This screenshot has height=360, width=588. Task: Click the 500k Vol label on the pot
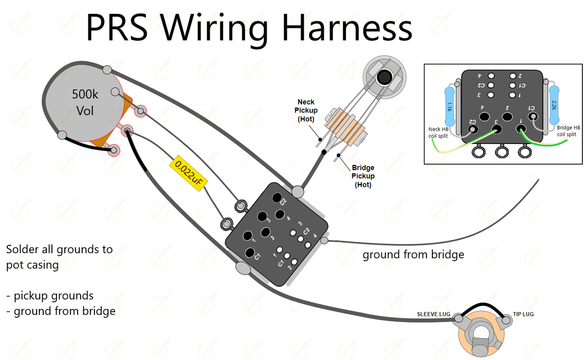[x=85, y=102]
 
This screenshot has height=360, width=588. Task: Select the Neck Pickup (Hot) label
[x=306, y=111]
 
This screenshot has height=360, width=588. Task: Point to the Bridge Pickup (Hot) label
[x=363, y=176]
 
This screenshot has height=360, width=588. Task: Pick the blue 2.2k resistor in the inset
[x=554, y=105]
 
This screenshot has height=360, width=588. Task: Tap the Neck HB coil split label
[x=441, y=132]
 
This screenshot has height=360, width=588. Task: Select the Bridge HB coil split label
[x=568, y=131]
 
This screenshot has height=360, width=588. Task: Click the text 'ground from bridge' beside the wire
[x=413, y=254]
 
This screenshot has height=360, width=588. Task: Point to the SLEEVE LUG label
[x=434, y=314]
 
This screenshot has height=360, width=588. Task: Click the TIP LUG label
[x=523, y=314]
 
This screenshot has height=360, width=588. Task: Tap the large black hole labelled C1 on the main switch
[x=251, y=253]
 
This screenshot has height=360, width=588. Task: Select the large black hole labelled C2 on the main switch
[x=277, y=199]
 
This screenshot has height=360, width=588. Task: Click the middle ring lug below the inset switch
[x=502, y=152]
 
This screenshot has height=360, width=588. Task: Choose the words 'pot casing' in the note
[x=32, y=265]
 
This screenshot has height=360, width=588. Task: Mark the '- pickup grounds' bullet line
[x=50, y=296]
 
